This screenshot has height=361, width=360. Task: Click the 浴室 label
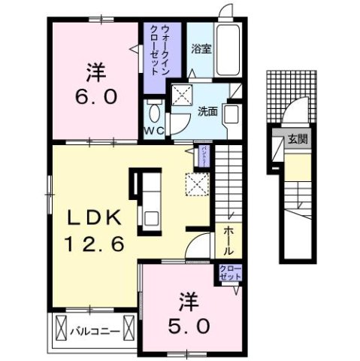point(200,50)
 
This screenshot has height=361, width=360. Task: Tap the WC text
point(154,129)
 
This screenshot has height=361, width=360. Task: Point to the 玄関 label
point(297,140)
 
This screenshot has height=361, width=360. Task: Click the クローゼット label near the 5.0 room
point(228,272)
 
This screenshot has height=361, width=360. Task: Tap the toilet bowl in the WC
point(154,113)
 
